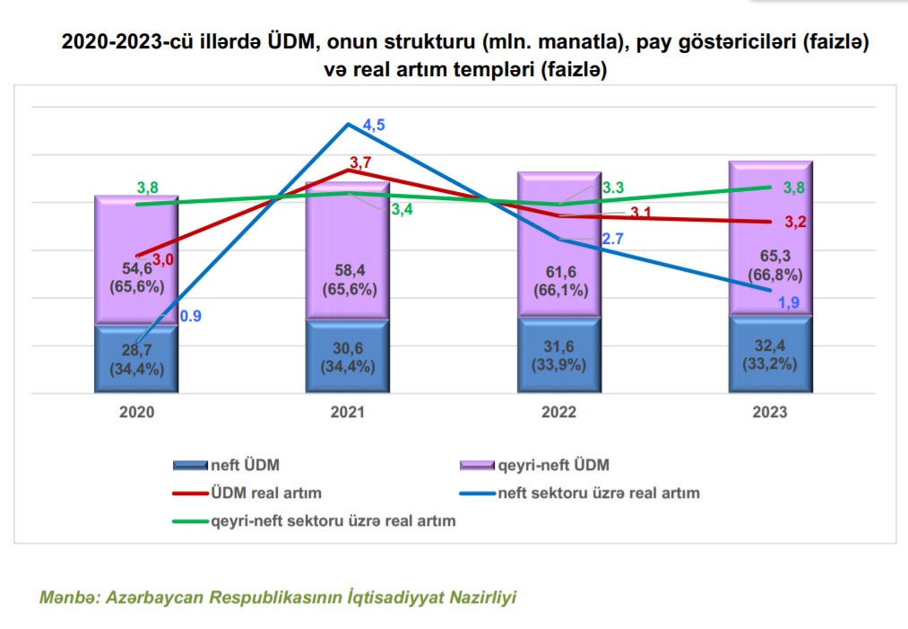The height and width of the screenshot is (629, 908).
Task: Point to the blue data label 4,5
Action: pos(374,126)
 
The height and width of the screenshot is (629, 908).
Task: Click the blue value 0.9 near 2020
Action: pos(190,316)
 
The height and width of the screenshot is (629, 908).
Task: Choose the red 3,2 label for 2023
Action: pos(796,223)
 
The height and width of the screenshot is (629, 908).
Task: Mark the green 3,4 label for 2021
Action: pos(402,209)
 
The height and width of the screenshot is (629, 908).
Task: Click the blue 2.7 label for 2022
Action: pos(613,239)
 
